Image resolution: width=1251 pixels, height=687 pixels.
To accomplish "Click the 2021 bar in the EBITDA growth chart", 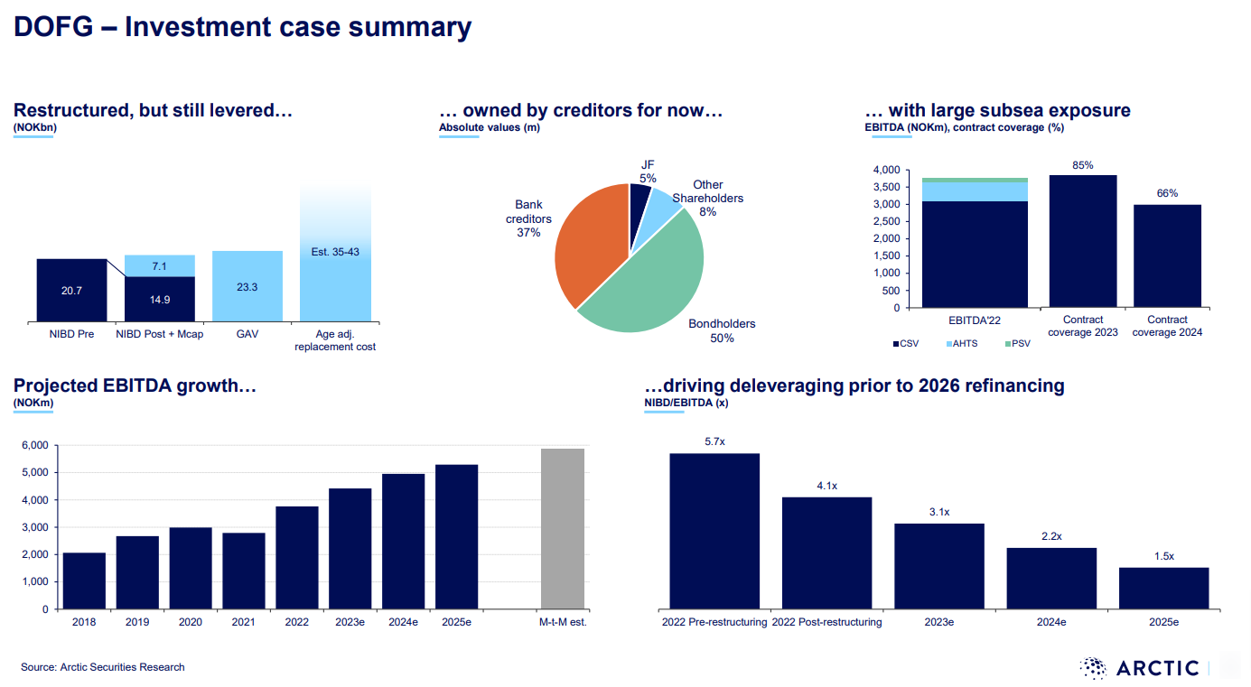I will pos(244,571).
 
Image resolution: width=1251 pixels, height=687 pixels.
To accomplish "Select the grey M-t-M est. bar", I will pos(563,528).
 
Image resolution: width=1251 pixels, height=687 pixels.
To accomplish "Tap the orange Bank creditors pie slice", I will pos(586,244).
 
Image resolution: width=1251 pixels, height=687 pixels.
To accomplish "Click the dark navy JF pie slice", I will pos(640,197).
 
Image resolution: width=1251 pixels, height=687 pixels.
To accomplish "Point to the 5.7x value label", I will pos(714,441).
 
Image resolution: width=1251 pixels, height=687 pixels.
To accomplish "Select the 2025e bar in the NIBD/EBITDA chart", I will pos(1163,588).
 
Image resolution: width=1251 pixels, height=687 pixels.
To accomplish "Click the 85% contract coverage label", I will pos(1083,165).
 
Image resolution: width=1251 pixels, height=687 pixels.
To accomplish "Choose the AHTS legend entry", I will pos(966,344).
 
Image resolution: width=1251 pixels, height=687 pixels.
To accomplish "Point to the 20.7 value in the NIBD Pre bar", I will pos(72,291).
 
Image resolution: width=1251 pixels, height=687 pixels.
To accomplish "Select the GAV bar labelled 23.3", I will pos(247,286).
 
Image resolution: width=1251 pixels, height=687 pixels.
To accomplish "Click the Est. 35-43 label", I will pos(335,252).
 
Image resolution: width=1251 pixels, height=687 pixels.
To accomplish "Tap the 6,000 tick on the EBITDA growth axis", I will pos(35,446).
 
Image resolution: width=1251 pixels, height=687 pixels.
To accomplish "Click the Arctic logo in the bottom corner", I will pos(1143,668).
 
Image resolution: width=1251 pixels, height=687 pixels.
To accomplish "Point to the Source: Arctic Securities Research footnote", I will pos(103,667).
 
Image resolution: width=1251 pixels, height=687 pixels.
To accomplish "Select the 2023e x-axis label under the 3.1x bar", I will pos(939,622).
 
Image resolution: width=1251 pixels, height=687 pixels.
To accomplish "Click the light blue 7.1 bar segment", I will pos(159,265).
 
